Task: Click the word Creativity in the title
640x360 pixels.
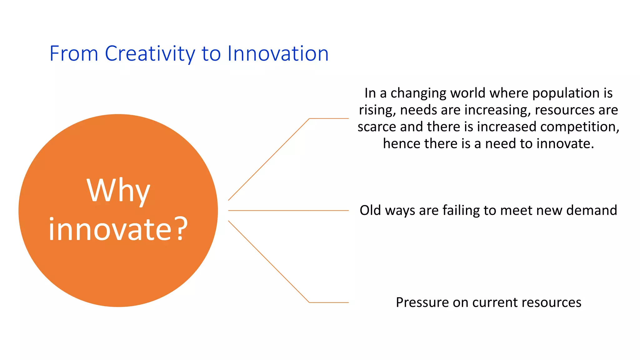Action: click(x=150, y=54)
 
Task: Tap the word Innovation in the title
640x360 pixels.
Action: click(x=278, y=54)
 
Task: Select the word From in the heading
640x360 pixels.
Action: click(x=74, y=54)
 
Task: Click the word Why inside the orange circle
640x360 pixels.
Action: click(x=118, y=191)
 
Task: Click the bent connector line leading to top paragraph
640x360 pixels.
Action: click(x=269, y=159)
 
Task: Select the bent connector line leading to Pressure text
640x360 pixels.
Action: click(x=269, y=262)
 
